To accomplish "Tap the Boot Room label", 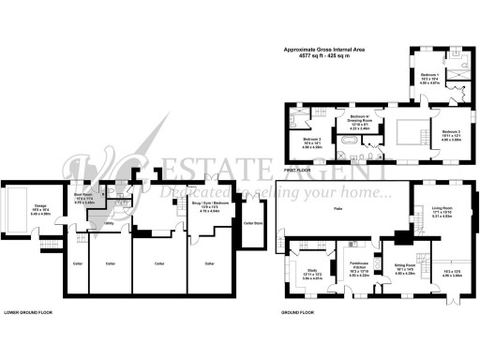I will pos(84,195).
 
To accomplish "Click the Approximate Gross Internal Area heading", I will pos(325,50).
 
